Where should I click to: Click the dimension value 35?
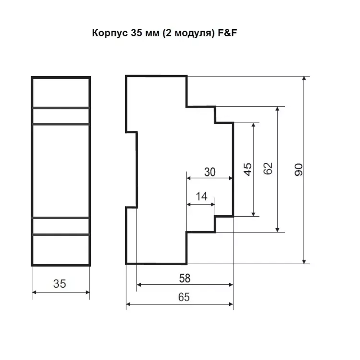coord(60,284)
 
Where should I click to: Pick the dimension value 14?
coord(202,197)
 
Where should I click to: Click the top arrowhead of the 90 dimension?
coord(305,79)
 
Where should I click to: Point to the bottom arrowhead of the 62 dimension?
coord(277,229)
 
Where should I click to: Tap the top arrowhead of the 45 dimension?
coord(254,125)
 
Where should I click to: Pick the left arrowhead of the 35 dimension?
coord(35,292)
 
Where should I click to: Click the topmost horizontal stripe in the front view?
coord(60,108)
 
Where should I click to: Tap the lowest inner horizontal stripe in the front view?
coord(60,234)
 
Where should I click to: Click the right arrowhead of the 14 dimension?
coord(213,204)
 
